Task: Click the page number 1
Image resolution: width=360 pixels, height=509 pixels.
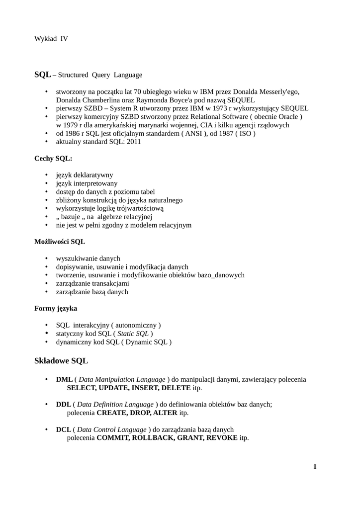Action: click(x=315, y=467)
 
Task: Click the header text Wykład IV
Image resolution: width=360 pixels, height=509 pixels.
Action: click(x=51, y=38)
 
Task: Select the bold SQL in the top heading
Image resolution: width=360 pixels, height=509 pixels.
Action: click(x=42, y=75)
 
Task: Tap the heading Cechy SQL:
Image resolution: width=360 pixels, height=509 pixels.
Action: click(x=53, y=158)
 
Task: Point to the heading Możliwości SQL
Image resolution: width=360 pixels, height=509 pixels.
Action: click(x=60, y=242)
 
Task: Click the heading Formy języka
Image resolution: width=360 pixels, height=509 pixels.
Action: click(x=56, y=308)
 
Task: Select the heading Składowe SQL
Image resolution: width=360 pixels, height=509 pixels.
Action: click(x=61, y=360)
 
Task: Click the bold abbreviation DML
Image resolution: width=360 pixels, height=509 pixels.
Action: click(x=65, y=379)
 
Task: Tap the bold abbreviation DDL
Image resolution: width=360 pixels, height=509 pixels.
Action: click(x=65, y=404)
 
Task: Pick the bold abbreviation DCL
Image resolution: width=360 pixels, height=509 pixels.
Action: click(x=65, y=429)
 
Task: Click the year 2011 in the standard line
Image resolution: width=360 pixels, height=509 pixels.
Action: click(x=133, y=142)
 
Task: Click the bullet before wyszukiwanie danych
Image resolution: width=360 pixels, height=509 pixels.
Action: click(x=46, y=258)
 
